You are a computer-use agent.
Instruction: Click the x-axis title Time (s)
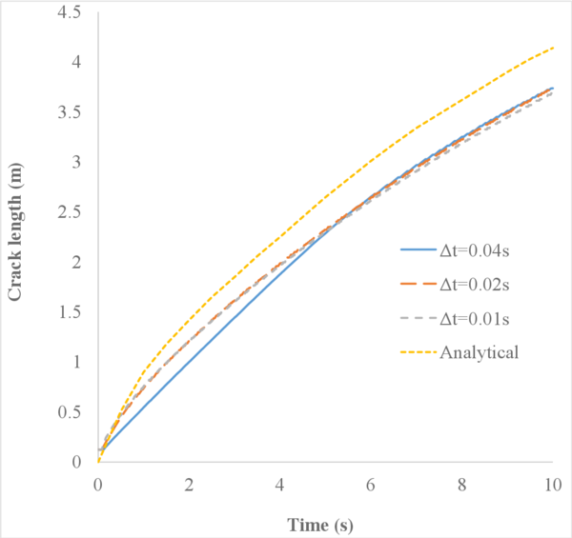tap(325, 523)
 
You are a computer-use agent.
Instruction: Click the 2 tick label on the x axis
tap(189, 485)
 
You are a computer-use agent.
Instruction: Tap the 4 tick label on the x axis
tap(280, 485)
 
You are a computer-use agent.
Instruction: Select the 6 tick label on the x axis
tap(371, 485)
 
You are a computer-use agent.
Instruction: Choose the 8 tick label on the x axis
tap(462, 485)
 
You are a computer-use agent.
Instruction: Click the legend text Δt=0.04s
tap(480, 250)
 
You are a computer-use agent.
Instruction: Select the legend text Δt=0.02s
tap(480, 285)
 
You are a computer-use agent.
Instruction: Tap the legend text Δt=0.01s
tap(480, 319)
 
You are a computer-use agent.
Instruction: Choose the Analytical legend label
tap(480, 353)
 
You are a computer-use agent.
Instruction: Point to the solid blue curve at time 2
tap(189, 352)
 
